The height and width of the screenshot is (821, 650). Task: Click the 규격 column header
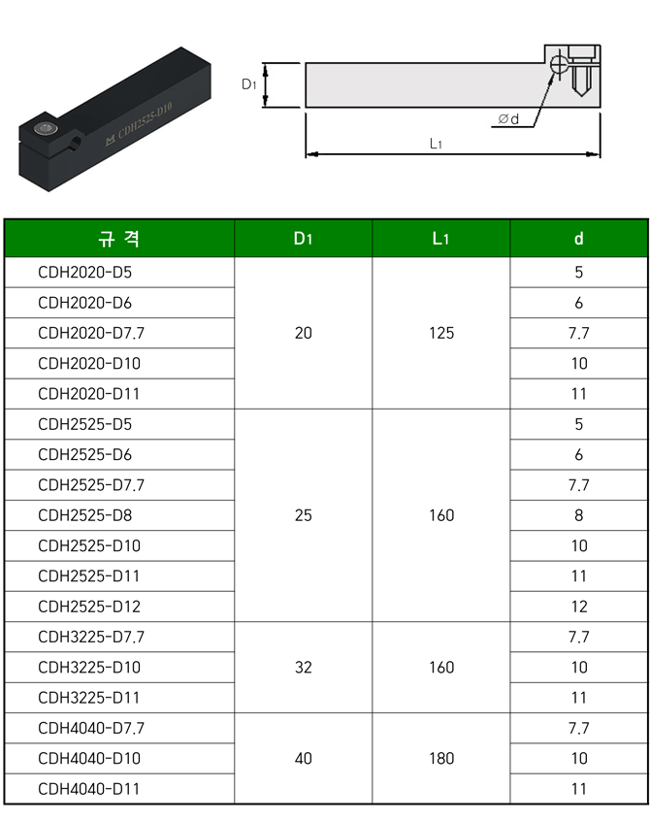[x=118, y=239]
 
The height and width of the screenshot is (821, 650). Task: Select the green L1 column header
[x=440, y=239]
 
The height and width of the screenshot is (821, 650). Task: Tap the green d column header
[x=579, y=239]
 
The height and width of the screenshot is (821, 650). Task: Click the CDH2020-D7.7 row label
[x=91, y=333]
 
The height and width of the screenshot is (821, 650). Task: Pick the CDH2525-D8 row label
[x=84, y=515]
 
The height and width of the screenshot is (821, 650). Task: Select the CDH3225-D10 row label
[x=89, y=667]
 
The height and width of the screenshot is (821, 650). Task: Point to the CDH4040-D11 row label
[x=88, y=789]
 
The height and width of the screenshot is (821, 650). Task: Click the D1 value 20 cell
[x=303, y=333]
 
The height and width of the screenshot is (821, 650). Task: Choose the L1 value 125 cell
[x=441, y=333]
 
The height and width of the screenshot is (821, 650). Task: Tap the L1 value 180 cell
[x=441, y=758]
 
